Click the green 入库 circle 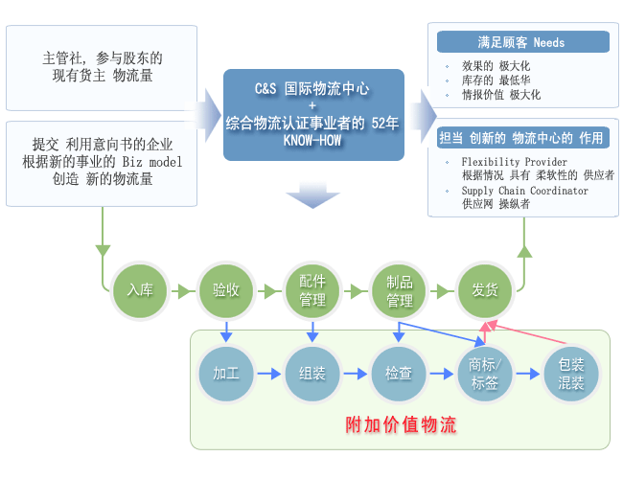[140, 290]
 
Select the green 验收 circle [226, 290]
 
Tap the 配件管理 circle [312, 290]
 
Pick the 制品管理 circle [400, 290]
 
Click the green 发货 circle [485, 290]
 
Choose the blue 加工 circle [226, 374]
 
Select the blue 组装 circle [312, 374]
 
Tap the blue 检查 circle [399, 374]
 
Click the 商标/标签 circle [485, 374]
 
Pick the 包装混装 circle [571, 374]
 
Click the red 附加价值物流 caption [401, 425]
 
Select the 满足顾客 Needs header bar [523, 42]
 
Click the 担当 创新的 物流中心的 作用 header [523, 138]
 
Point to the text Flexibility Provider [514, 162]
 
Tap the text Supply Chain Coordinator [525, 191]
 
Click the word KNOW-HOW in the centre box [312, 140]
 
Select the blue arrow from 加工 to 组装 [269, 374]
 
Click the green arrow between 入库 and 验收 [183, 291]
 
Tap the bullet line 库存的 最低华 [496, 80]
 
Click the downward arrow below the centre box [312, 194]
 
